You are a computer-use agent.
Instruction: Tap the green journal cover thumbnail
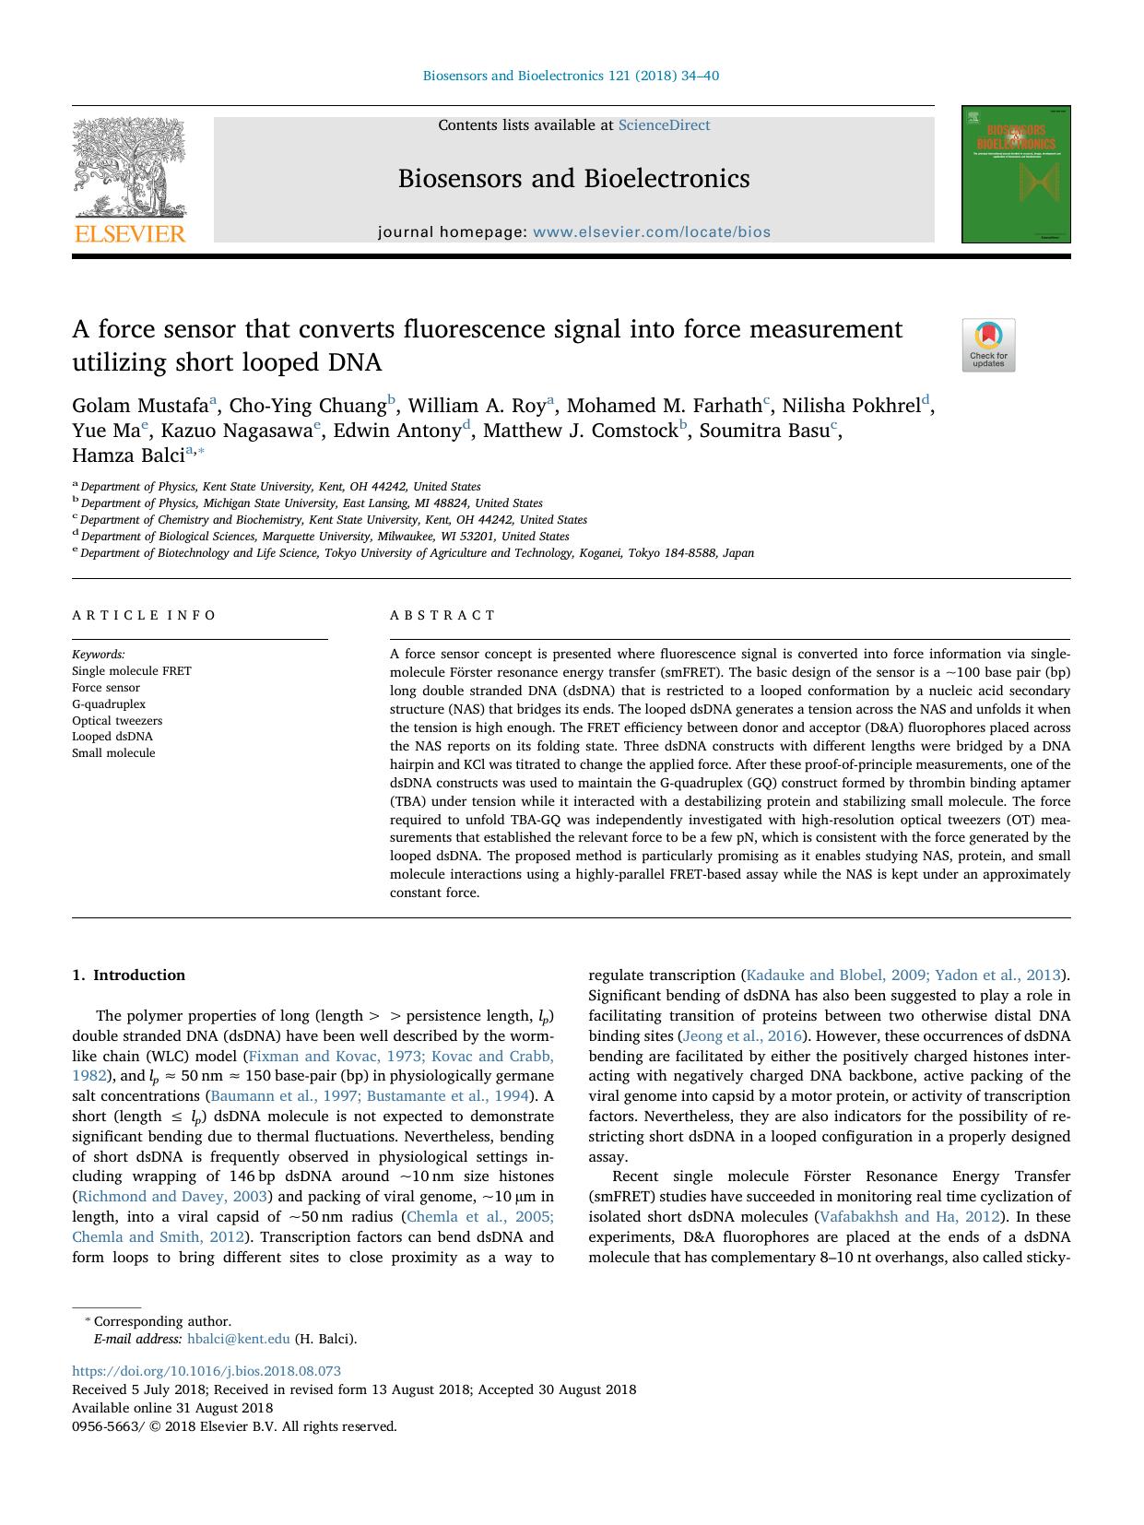pos(1016,174)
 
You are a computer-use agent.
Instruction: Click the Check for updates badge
pos(988,345)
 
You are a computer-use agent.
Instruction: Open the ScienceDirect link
pos(664,125)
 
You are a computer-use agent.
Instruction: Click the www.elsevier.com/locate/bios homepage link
pos(651,232)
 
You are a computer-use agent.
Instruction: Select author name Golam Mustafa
pos(140,406)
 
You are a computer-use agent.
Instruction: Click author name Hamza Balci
pos(128,455)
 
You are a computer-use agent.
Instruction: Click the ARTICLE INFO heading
pos(144,615)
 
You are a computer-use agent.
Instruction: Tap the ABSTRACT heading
pos(442,615)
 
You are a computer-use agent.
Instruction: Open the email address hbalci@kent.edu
pos(238,1340)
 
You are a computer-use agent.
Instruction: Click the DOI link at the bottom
pos(206,1371)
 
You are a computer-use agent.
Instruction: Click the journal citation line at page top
pos(571,76)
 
